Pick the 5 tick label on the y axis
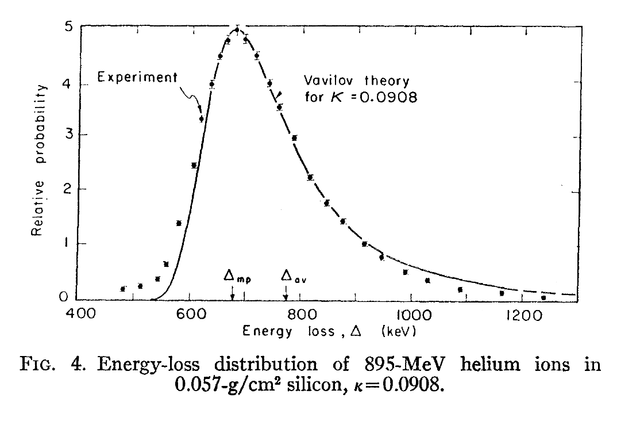68,26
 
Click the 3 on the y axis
68,135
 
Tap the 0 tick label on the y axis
68,298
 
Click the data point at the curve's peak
237,29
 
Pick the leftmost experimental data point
122,288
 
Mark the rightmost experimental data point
543,297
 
